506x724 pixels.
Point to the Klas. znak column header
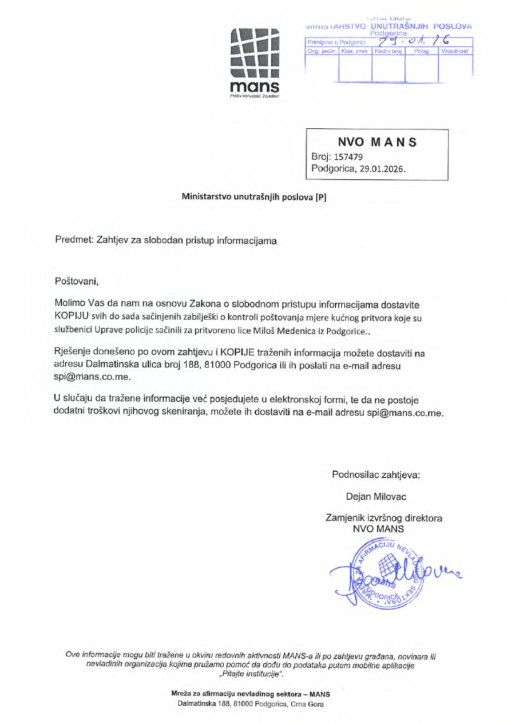[355, 52]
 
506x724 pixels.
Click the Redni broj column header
[388, 52]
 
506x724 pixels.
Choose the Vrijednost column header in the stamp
[456, 52]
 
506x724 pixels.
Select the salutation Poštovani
[76, 282]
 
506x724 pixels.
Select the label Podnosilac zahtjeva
[375, 474]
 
